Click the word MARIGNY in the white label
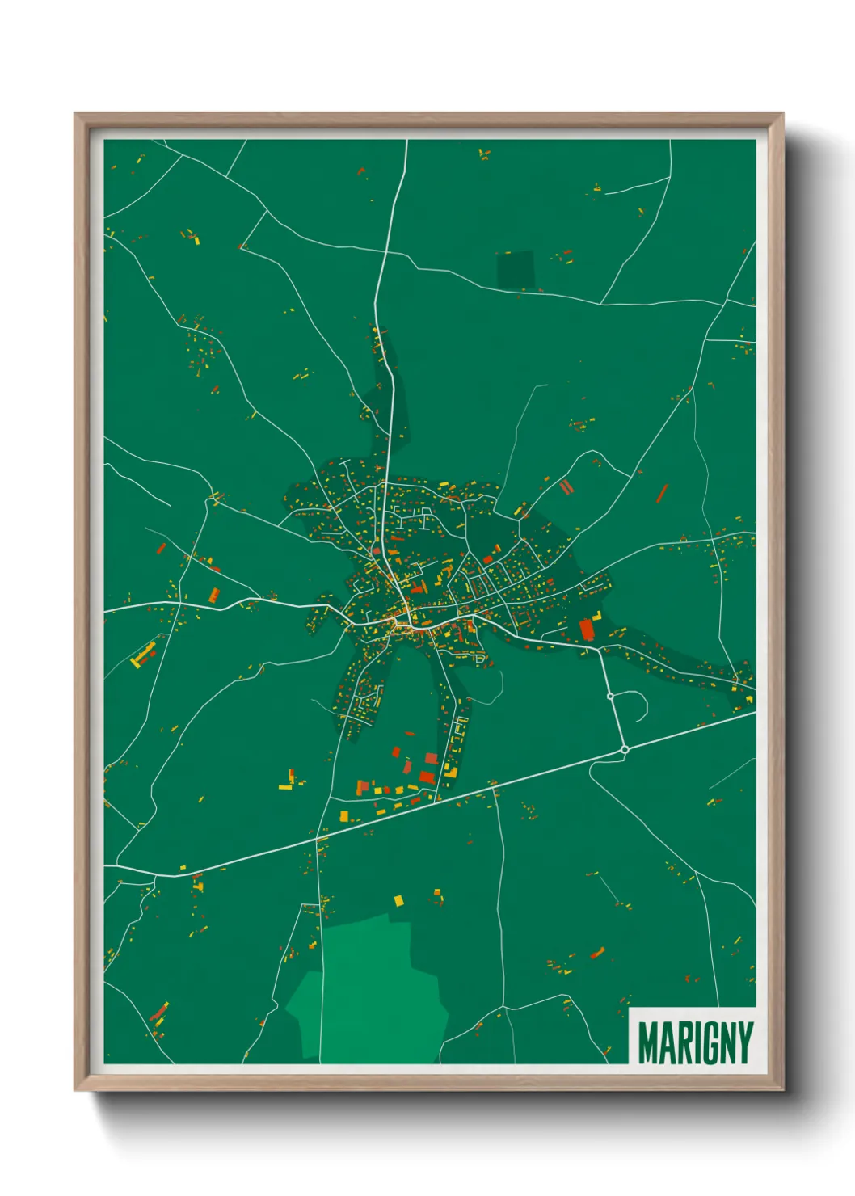695,1042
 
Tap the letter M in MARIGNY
648,1042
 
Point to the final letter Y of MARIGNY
744,1042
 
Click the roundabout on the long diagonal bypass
625,750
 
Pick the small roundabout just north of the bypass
610,696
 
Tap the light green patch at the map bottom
372,994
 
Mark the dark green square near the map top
515,270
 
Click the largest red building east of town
586,629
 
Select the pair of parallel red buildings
566,486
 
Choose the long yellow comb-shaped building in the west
143,655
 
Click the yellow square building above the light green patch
398,900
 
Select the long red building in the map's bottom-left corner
159,1012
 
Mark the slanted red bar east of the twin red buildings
663,492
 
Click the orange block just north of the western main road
213,596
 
